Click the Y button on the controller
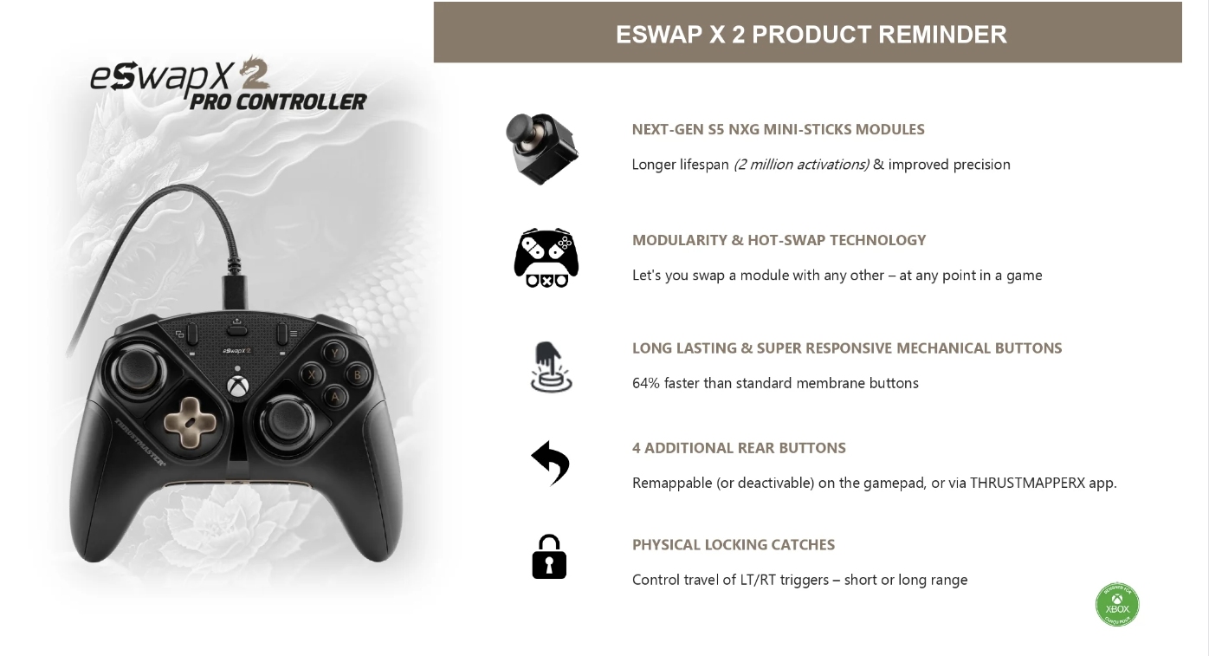334,353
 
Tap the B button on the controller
357,374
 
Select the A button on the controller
334,398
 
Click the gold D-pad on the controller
190,423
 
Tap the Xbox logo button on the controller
237,386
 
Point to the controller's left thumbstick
139,369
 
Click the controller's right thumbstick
286,419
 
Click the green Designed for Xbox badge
1116,605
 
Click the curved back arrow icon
550,464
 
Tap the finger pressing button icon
551,367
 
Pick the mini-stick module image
542,148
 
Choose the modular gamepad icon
546,257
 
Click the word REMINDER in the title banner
942,34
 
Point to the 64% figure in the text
645,383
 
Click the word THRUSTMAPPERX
1027,483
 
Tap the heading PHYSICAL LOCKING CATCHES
734,545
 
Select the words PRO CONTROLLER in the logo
277,101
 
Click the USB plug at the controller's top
234,292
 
